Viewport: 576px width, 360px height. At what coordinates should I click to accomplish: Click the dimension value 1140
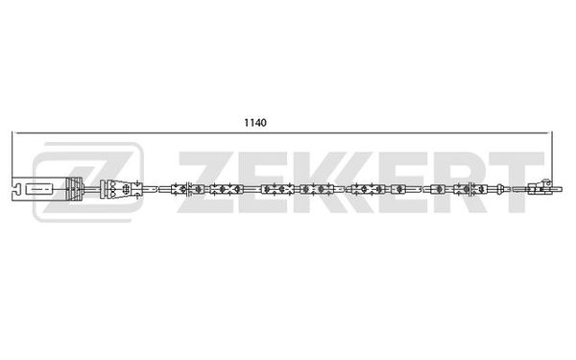[x=255, y=123]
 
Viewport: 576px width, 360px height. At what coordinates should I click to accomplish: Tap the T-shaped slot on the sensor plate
[x=15, y=189]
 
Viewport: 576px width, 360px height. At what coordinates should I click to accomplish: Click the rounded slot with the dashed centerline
[x=39, y=189]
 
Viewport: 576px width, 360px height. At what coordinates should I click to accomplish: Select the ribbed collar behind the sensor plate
[x=75, y=189]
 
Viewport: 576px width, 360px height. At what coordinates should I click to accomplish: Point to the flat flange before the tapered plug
[x=104, y=189]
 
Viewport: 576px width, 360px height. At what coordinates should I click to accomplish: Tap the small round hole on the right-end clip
[x=546, y=182]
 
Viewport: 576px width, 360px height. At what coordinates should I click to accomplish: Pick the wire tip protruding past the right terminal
[x=557, y=189]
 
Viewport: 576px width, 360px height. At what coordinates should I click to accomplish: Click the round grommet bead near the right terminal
[x=500, y=189]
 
